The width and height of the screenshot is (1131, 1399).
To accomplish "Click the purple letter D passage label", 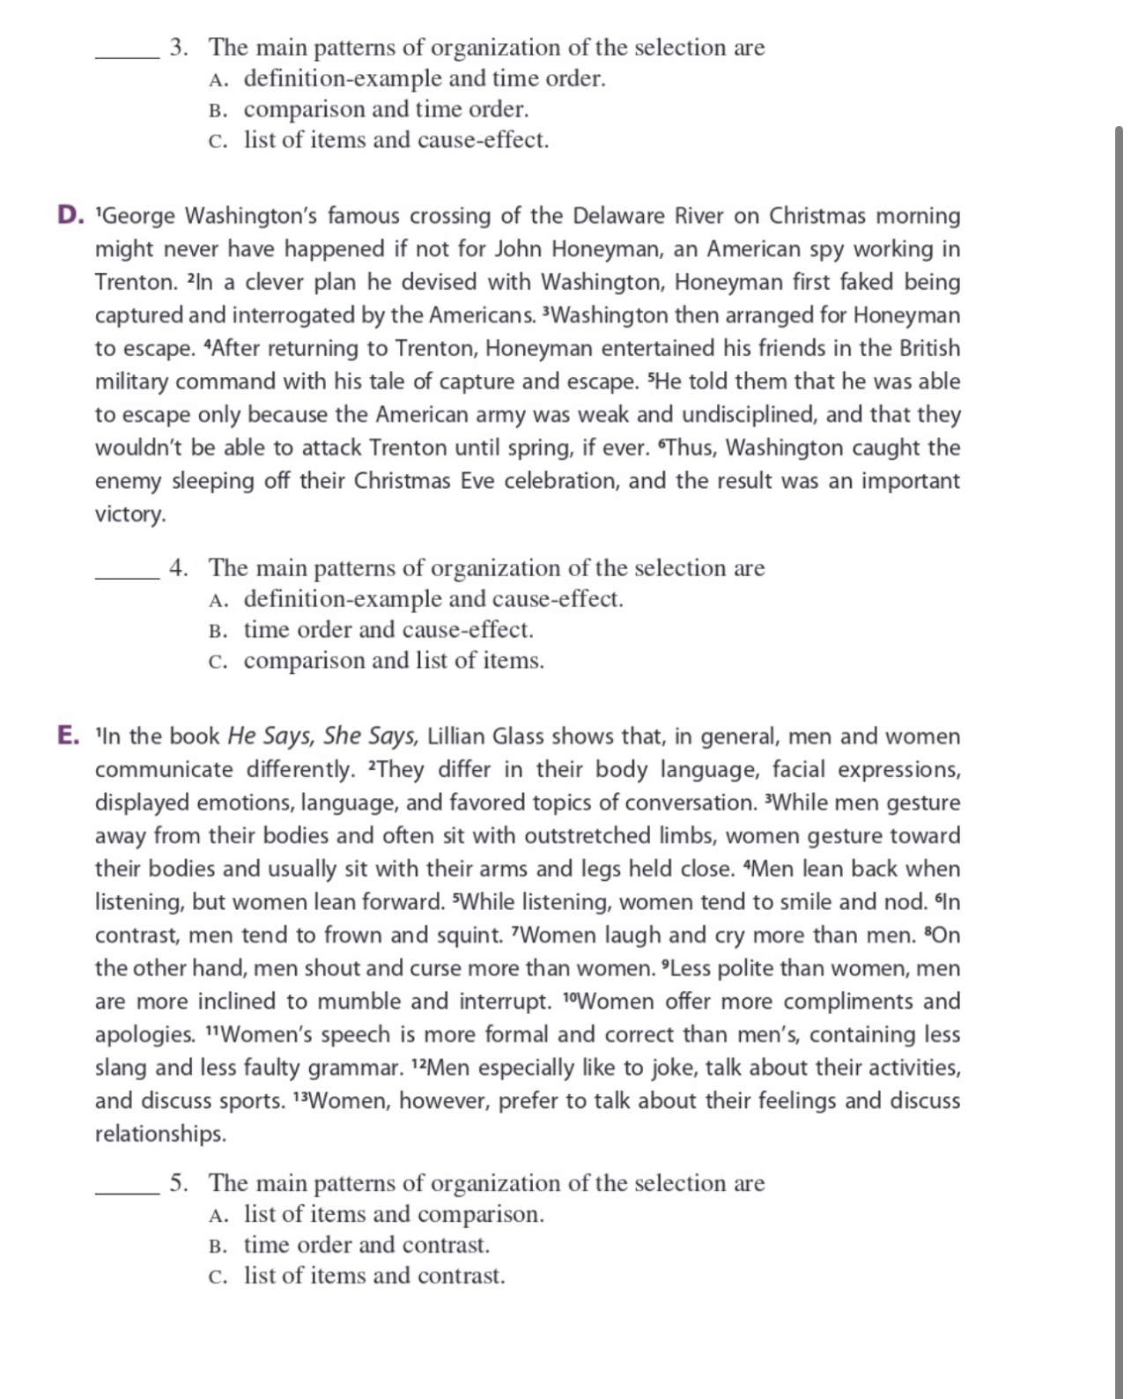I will point(69,215).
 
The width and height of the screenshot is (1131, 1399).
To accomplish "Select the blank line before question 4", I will point(127,577).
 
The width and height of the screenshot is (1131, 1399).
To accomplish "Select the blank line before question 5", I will point(127,1192).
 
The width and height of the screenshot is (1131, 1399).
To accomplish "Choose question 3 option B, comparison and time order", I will point(386,109).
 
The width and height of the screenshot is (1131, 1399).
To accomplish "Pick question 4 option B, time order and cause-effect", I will point(388,630).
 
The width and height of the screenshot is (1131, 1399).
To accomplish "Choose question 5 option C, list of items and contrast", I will point(374,1276).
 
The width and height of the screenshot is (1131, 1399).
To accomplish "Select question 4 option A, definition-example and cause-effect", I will point(432,599).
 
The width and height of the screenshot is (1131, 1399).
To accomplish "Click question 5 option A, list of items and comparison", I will point(394,1214).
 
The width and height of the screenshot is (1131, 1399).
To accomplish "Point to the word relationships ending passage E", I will point(159,1134).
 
